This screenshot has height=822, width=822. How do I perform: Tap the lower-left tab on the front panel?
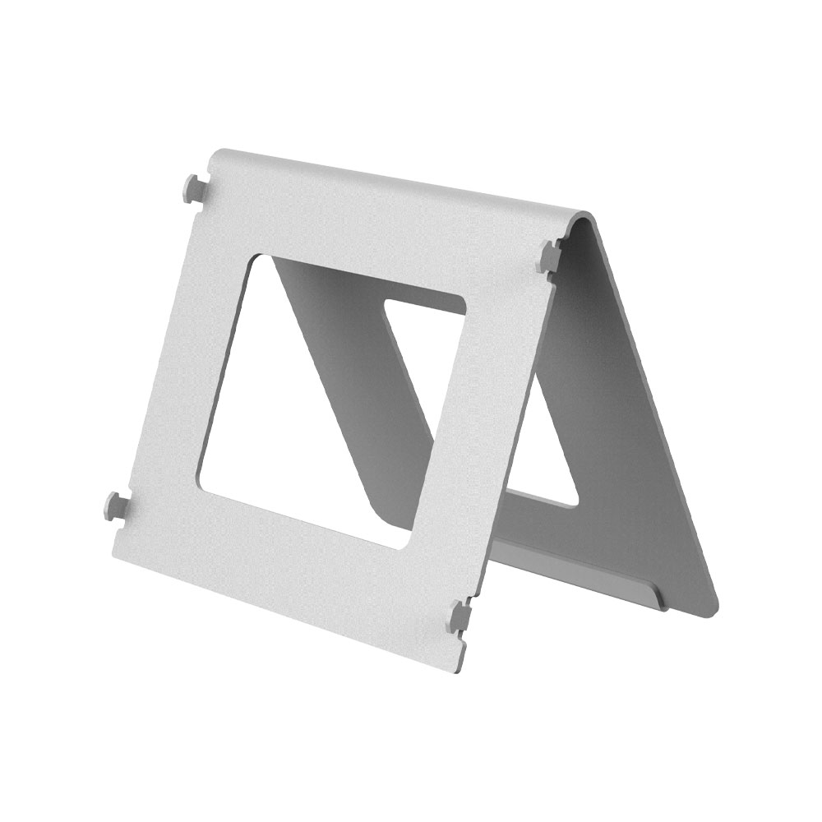click(x=115, y=506)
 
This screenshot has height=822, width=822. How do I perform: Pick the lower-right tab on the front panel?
click(x=460, y=616)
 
